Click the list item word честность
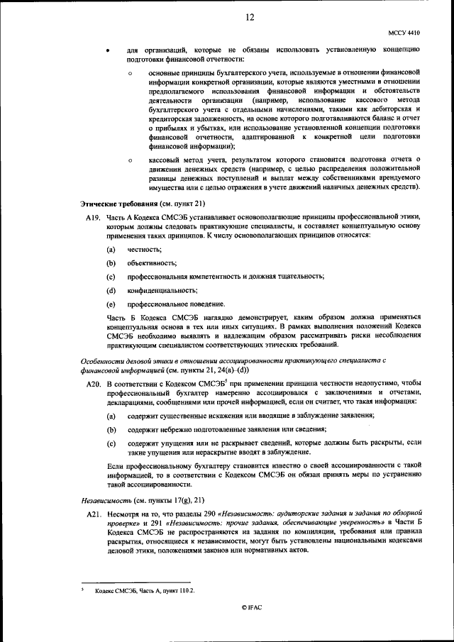click(x=145, y=250)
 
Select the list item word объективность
click(x=152, y=263)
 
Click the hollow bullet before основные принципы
click(x=131, y=73)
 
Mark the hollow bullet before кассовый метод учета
click(x=131, y=160)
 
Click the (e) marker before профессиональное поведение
click(x=111, y=304)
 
